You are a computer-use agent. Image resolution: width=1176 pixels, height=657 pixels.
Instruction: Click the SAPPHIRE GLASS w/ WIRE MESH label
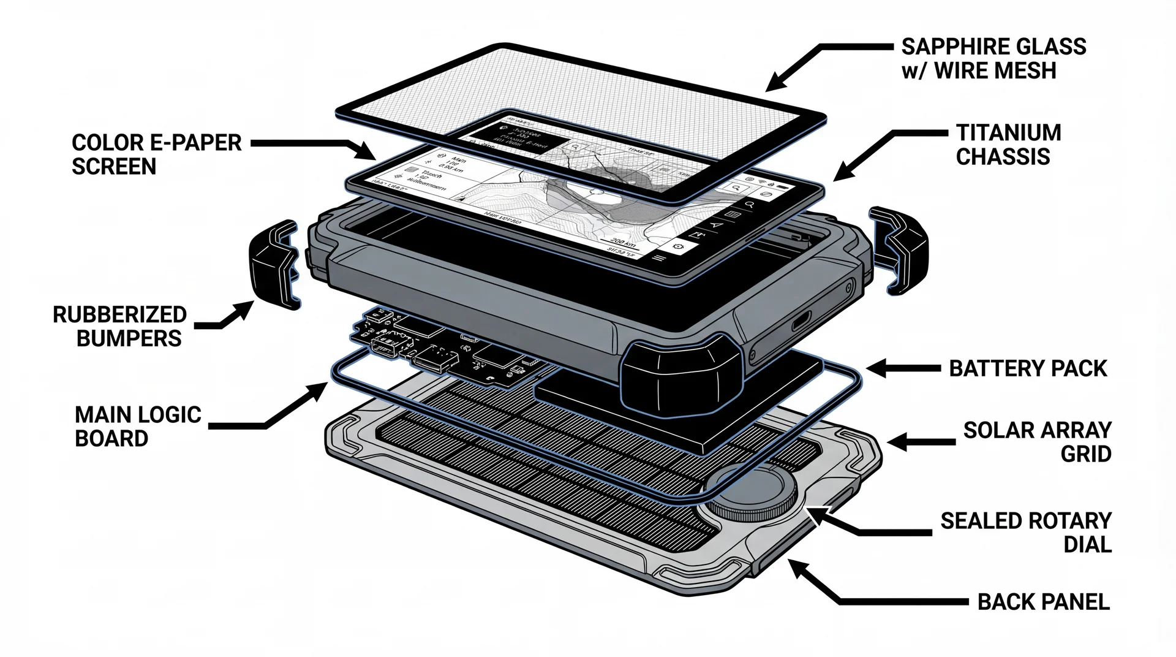tap(993, 59)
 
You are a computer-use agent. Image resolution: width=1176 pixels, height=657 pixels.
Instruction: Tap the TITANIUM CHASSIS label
tap(1008, 145)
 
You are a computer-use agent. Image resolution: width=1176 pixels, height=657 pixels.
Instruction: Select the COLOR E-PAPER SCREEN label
tap(156, 154)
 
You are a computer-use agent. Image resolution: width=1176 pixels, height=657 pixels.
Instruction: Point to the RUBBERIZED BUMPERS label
tap(120, 326)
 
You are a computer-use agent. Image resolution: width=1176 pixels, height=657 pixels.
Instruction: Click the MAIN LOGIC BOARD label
tap(138, 427)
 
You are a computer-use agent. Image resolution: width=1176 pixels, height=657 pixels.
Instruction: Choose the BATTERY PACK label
tap(1028, 368)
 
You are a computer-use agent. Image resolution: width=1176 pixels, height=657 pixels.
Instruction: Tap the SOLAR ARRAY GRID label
tap(1037, 442)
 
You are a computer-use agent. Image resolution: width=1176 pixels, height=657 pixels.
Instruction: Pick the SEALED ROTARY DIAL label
tap(1026, 533)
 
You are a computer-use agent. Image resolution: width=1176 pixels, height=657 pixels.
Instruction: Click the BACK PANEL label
tap(1043, 602)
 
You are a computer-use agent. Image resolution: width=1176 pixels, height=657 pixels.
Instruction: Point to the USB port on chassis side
tap(800, 321)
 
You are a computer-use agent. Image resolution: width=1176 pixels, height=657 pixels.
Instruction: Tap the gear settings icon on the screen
tap(677, 246)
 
